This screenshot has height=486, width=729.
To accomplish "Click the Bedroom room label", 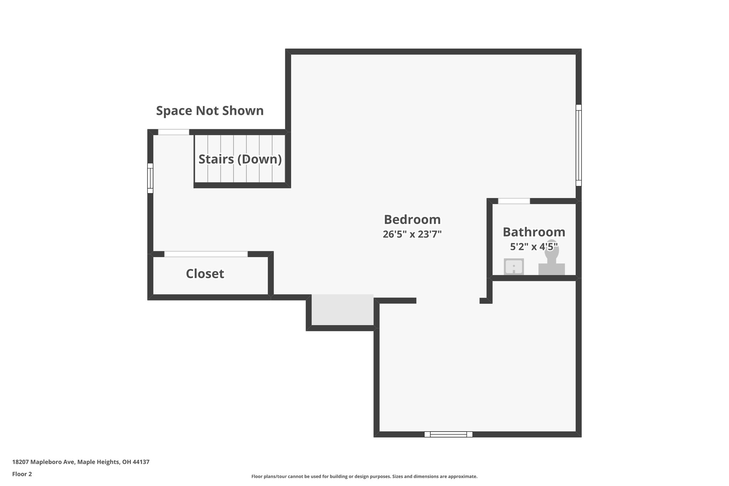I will (412, 220).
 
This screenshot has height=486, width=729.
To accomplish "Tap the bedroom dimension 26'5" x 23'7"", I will (412, 234).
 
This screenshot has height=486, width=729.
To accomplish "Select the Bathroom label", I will (534, 232).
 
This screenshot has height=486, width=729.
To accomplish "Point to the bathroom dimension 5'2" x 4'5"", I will (534, 246).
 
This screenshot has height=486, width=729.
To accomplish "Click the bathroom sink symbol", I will (514, 267).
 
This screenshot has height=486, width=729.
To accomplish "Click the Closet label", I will (205, 274).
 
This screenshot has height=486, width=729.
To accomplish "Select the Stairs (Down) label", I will (240, 159).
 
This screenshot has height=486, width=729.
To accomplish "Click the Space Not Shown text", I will (210, 111).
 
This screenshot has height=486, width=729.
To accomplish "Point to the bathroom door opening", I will (514, 202).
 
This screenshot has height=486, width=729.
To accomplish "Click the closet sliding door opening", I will (206, 254).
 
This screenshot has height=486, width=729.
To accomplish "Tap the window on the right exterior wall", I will (578, 145).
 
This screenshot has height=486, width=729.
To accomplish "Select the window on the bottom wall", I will (448, 434).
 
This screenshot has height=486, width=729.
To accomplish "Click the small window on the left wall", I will (150, 178).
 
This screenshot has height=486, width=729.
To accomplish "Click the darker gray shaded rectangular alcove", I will (342, 310).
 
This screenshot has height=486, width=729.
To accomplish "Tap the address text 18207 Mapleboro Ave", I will (44, 462).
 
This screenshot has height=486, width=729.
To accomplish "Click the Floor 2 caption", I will (22, 474).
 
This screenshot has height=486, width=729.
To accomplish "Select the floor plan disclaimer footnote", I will (364, 476).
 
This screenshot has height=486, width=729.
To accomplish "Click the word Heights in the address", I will (109, 462).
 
